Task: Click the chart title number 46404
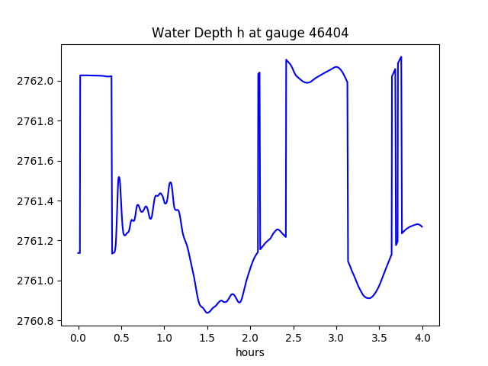pos(330,33)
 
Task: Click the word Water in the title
pos(170,33)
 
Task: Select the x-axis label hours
pos(250,353)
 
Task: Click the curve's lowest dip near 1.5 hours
pos(207,313)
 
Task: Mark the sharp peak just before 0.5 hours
pos(119,177)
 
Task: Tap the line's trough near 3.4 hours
pos(369,298)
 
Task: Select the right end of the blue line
pos(422,227)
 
